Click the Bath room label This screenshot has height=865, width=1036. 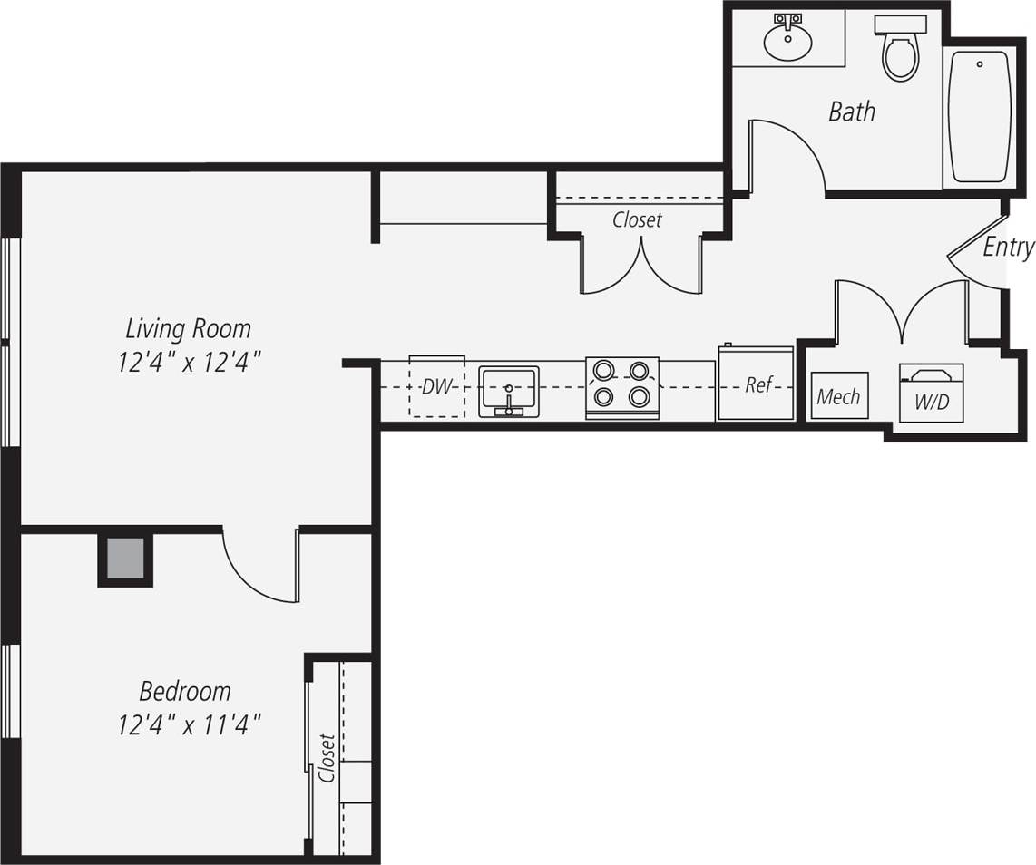[852, 112]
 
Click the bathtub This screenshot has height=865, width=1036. [979, 116]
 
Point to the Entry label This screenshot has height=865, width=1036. [1008, 248]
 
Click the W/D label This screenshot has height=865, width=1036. [931, 402]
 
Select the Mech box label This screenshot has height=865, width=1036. [838, 396]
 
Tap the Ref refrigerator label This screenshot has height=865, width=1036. [758, 384]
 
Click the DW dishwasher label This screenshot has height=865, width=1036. [436, 387]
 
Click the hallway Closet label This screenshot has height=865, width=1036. [637, 219]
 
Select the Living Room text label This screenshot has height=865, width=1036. [188, 327]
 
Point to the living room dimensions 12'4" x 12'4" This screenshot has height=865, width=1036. [189, 363]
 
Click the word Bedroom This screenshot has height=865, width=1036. [185, 691]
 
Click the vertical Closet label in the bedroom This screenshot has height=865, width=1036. [327, 758]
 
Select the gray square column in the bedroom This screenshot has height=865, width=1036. [125, 559]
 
